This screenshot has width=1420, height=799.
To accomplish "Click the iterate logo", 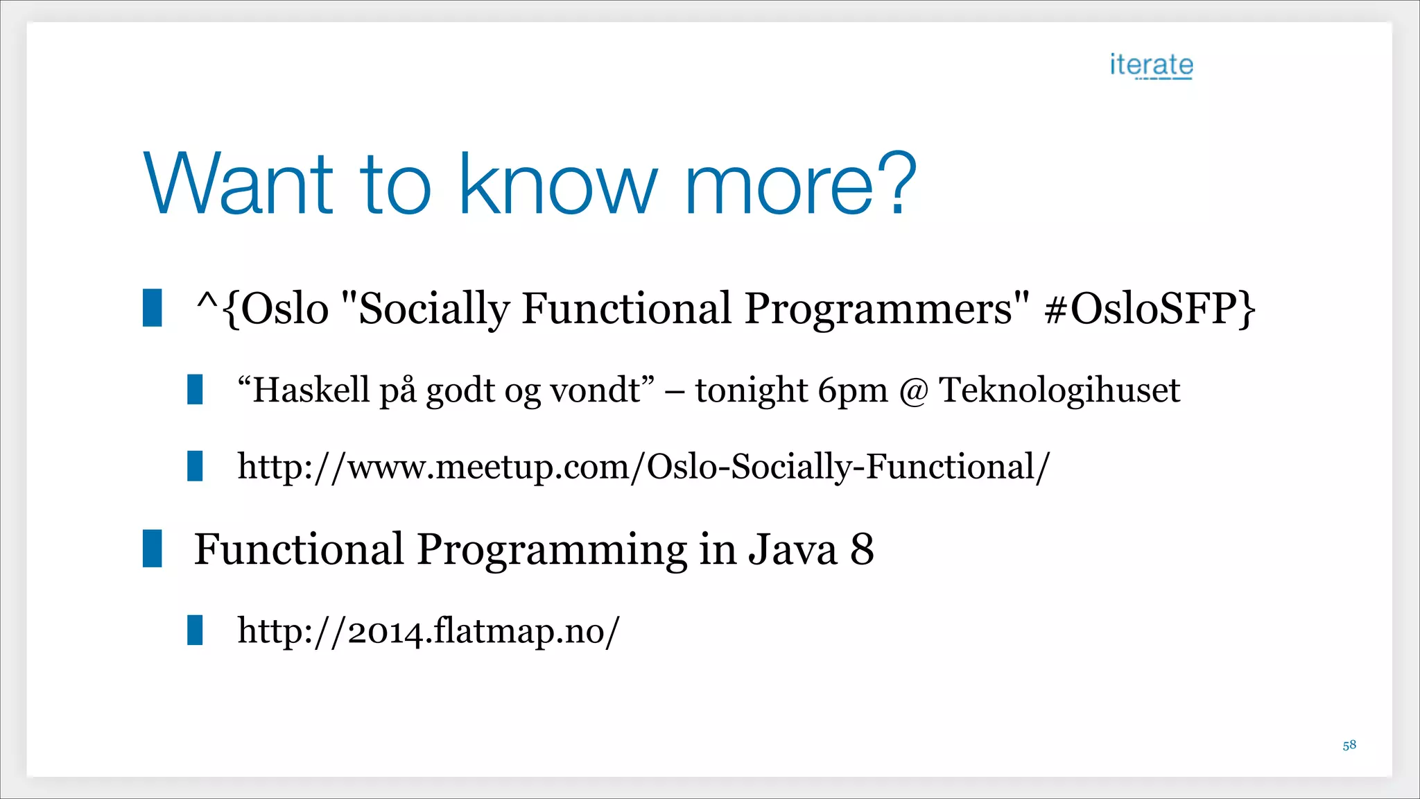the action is click(x=1151, y=65).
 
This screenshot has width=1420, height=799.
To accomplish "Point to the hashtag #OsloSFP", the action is click(x=1142, y=309).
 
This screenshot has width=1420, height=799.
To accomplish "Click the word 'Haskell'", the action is click(x=311, y=390).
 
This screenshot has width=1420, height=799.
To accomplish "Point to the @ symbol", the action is click(x=913, y=393).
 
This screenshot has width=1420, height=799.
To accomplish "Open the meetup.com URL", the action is click(x=643, y=467).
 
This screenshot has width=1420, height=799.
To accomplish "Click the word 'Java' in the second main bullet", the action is click(x=793, y=550).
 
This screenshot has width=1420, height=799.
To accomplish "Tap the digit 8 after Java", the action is click(x=862, y=550).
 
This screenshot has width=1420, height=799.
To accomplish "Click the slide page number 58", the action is click(x=1349, y=746).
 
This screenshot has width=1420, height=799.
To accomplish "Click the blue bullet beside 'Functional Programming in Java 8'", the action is click(x=153, y=549).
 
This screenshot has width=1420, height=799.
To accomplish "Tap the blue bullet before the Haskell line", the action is click(x=195, y=389).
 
